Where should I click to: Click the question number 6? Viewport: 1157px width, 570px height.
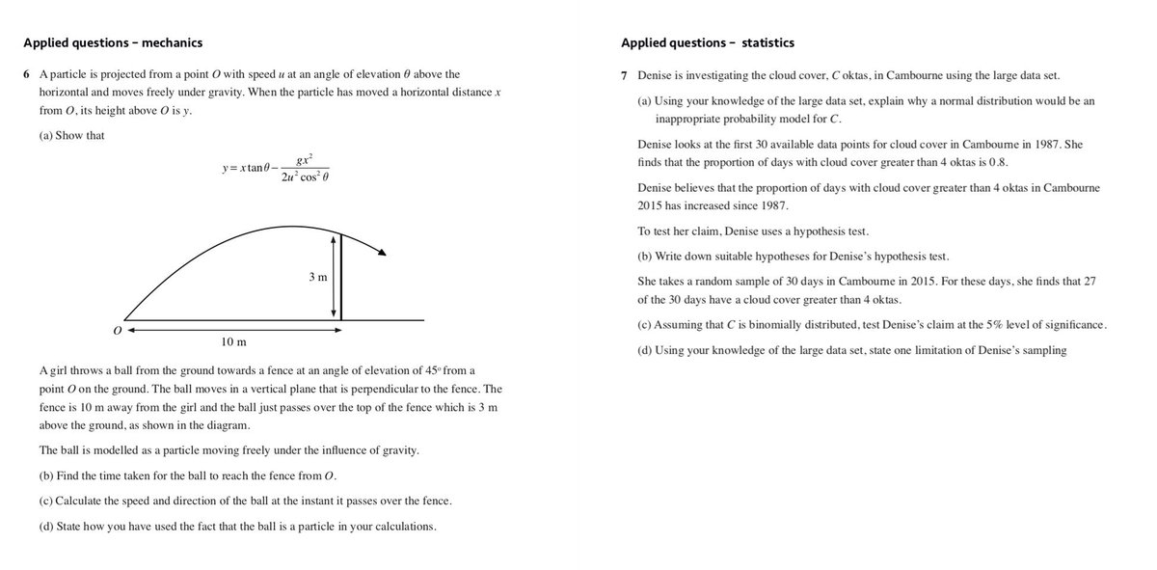coord(27,74)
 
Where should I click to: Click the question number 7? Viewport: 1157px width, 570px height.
coord(627,76)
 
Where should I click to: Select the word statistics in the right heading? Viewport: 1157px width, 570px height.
coord(768,42)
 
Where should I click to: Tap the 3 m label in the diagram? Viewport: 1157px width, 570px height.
coord(318,278)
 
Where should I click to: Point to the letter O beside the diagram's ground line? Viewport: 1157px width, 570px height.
coord(117,330)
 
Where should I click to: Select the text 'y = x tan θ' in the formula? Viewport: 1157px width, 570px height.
coord(247,170)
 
